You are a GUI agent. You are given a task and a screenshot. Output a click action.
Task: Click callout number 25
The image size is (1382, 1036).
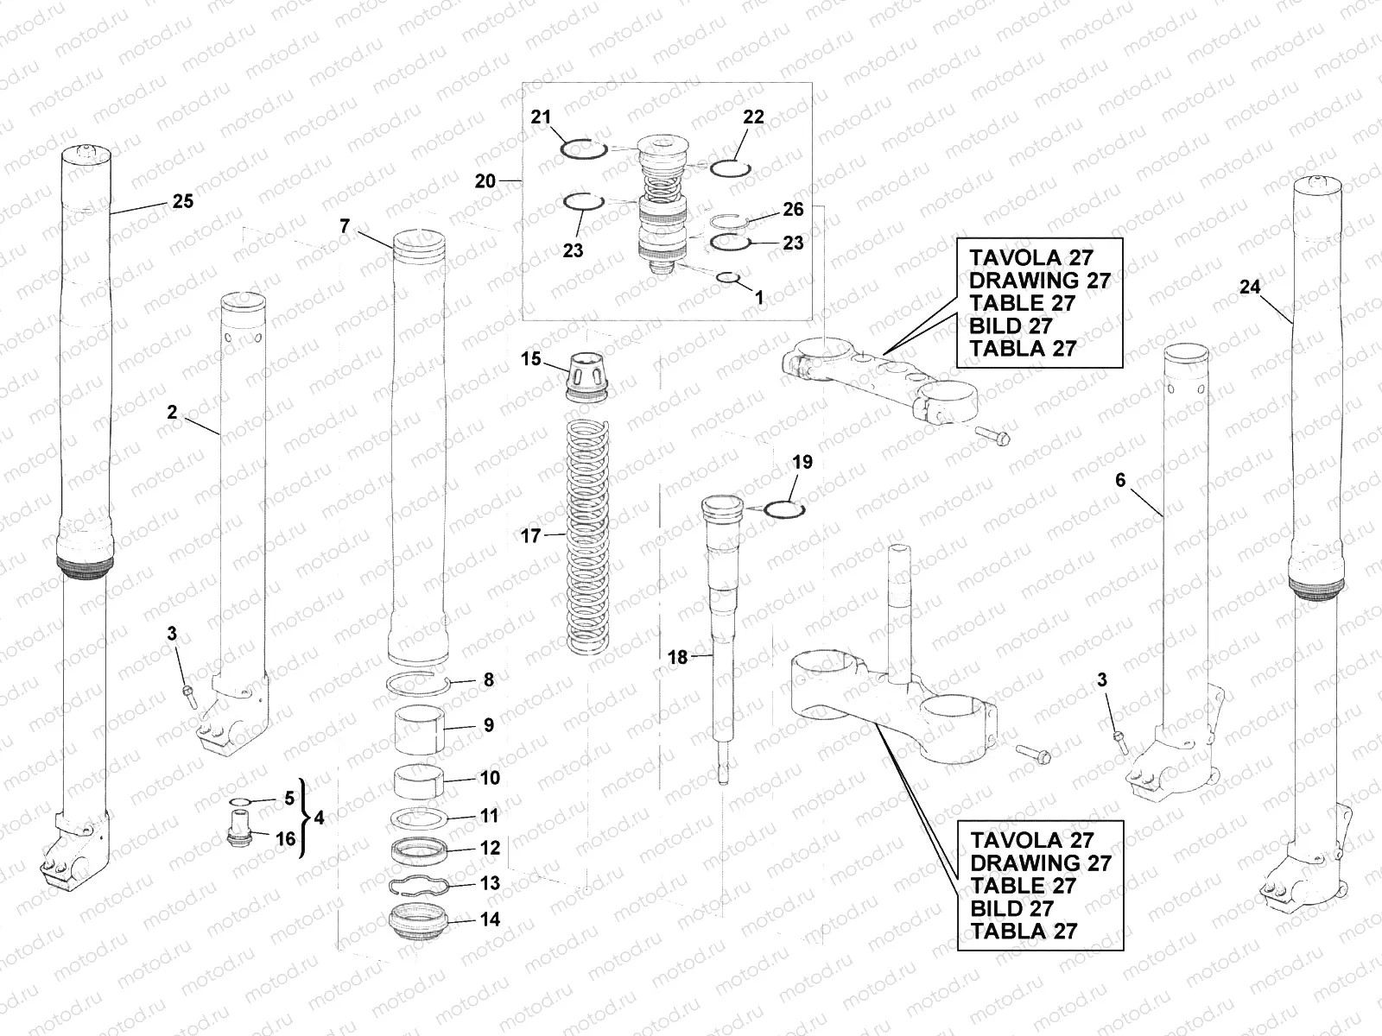[182, 201]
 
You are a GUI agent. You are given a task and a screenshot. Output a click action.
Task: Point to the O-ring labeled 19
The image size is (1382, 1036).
[785, 509]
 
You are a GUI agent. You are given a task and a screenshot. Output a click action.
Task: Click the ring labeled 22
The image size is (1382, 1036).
[732, 167]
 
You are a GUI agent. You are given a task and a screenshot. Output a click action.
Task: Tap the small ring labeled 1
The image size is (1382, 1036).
[728, 278]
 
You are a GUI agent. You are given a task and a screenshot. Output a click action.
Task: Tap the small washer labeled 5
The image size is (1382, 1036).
[242, 801]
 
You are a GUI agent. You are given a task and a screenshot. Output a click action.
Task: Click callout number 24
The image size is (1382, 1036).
[1250, 287]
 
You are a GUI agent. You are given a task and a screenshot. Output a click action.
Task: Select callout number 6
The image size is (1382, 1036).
[1120, 480]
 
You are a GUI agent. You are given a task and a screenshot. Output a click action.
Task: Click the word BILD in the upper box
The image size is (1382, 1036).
[993, 325]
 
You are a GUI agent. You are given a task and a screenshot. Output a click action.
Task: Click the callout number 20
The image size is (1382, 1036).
[485, 181]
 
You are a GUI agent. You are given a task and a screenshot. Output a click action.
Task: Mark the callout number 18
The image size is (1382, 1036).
[678, 658]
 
